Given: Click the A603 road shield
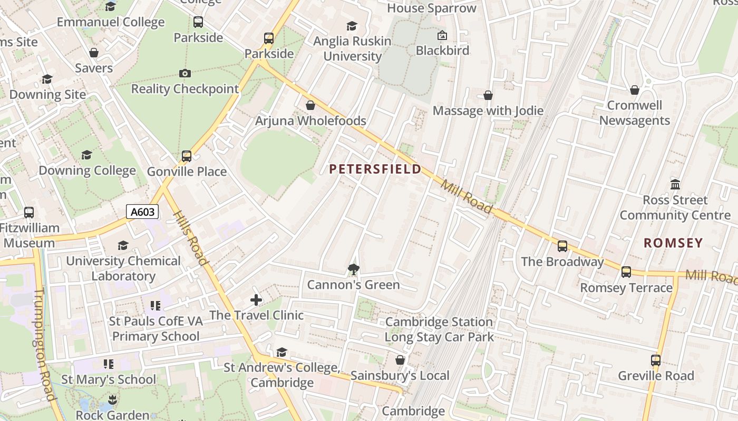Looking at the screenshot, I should (x=142, y=212).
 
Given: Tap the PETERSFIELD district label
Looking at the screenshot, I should (x=375, y=169).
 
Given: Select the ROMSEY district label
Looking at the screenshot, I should (x=673, y=243).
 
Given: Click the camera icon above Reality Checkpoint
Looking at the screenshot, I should (x=184, y=73).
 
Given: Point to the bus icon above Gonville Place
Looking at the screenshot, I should (x=187, y=156).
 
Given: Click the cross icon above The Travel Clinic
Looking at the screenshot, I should (x=256, y=300).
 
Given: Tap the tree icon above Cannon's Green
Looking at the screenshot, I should (x=353, y=270).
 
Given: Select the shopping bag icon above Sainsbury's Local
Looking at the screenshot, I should (x=400, y=360).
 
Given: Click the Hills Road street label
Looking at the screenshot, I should (x=190, y=238).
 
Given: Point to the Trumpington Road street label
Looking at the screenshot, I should (x=44, y=345).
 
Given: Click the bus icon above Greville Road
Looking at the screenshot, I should (x=656, y=360).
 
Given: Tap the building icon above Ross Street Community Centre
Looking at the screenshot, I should (x=675, y=185).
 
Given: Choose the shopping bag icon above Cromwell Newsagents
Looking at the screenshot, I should (x=635, y=90).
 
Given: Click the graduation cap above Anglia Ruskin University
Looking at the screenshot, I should (x=352, y=26).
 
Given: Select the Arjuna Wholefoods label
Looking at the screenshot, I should (x=310, y=121).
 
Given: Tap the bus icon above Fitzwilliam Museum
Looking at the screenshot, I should (x=29, y=213).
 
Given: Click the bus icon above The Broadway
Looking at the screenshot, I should (x=562, y=246).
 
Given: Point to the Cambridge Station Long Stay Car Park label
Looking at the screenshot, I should (x=439, y=329).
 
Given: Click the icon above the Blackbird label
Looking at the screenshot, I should (x=442, y=35).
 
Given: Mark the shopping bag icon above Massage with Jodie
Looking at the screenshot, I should (x=488, y=95).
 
